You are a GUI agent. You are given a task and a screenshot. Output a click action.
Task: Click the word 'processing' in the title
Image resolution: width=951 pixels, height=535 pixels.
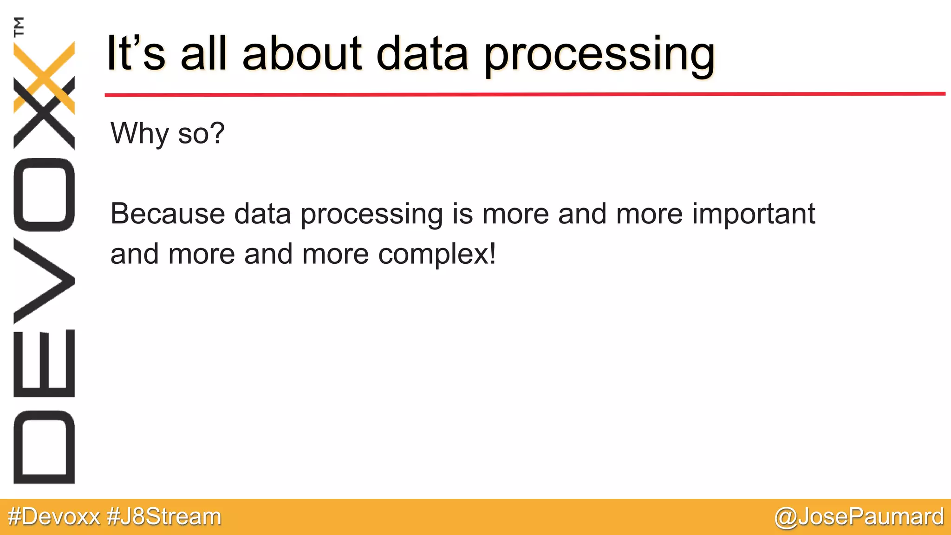click(599, 55)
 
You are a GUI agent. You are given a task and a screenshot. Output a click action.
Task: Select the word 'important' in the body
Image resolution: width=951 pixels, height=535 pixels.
click(753, 215)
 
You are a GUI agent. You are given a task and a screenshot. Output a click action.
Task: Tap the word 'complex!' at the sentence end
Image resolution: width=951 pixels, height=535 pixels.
click(437, 254)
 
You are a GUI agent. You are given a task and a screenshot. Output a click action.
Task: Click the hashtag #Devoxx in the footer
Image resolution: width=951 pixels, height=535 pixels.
click(54, 517)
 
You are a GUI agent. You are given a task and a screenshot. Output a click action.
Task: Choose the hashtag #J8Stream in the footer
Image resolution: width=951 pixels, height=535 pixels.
click(164, 517)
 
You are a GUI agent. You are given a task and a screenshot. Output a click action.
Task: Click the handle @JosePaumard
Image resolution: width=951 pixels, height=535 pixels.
click(859, 517)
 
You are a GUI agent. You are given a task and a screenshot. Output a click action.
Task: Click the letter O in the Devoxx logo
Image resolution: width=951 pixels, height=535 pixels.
click(44, 195)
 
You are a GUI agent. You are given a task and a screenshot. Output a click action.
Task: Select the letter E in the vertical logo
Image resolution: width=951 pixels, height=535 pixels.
click(44, 363)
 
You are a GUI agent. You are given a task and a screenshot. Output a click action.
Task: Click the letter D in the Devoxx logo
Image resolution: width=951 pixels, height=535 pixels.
click(44, 447)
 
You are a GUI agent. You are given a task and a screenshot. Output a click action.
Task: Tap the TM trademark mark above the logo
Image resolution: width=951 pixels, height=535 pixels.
click(19, 26)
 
